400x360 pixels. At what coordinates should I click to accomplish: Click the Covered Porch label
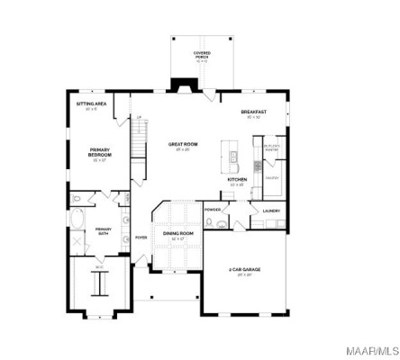pos(201,55)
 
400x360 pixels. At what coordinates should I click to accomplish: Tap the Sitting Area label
pos(90,106)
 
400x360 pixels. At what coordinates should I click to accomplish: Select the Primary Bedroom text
pos(99,153)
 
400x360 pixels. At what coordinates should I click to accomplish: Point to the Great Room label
pos(183,145)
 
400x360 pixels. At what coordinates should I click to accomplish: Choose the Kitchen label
pos(237,180)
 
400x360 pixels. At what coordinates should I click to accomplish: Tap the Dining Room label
pos(178,235)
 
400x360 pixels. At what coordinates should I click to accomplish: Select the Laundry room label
pos(271,211)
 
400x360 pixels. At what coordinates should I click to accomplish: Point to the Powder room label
pos(213,210)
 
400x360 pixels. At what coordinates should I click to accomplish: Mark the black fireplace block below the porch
pos(186,86)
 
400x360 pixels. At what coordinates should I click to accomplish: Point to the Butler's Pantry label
pos(271,146)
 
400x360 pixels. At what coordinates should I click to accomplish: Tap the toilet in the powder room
pos(208,222)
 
